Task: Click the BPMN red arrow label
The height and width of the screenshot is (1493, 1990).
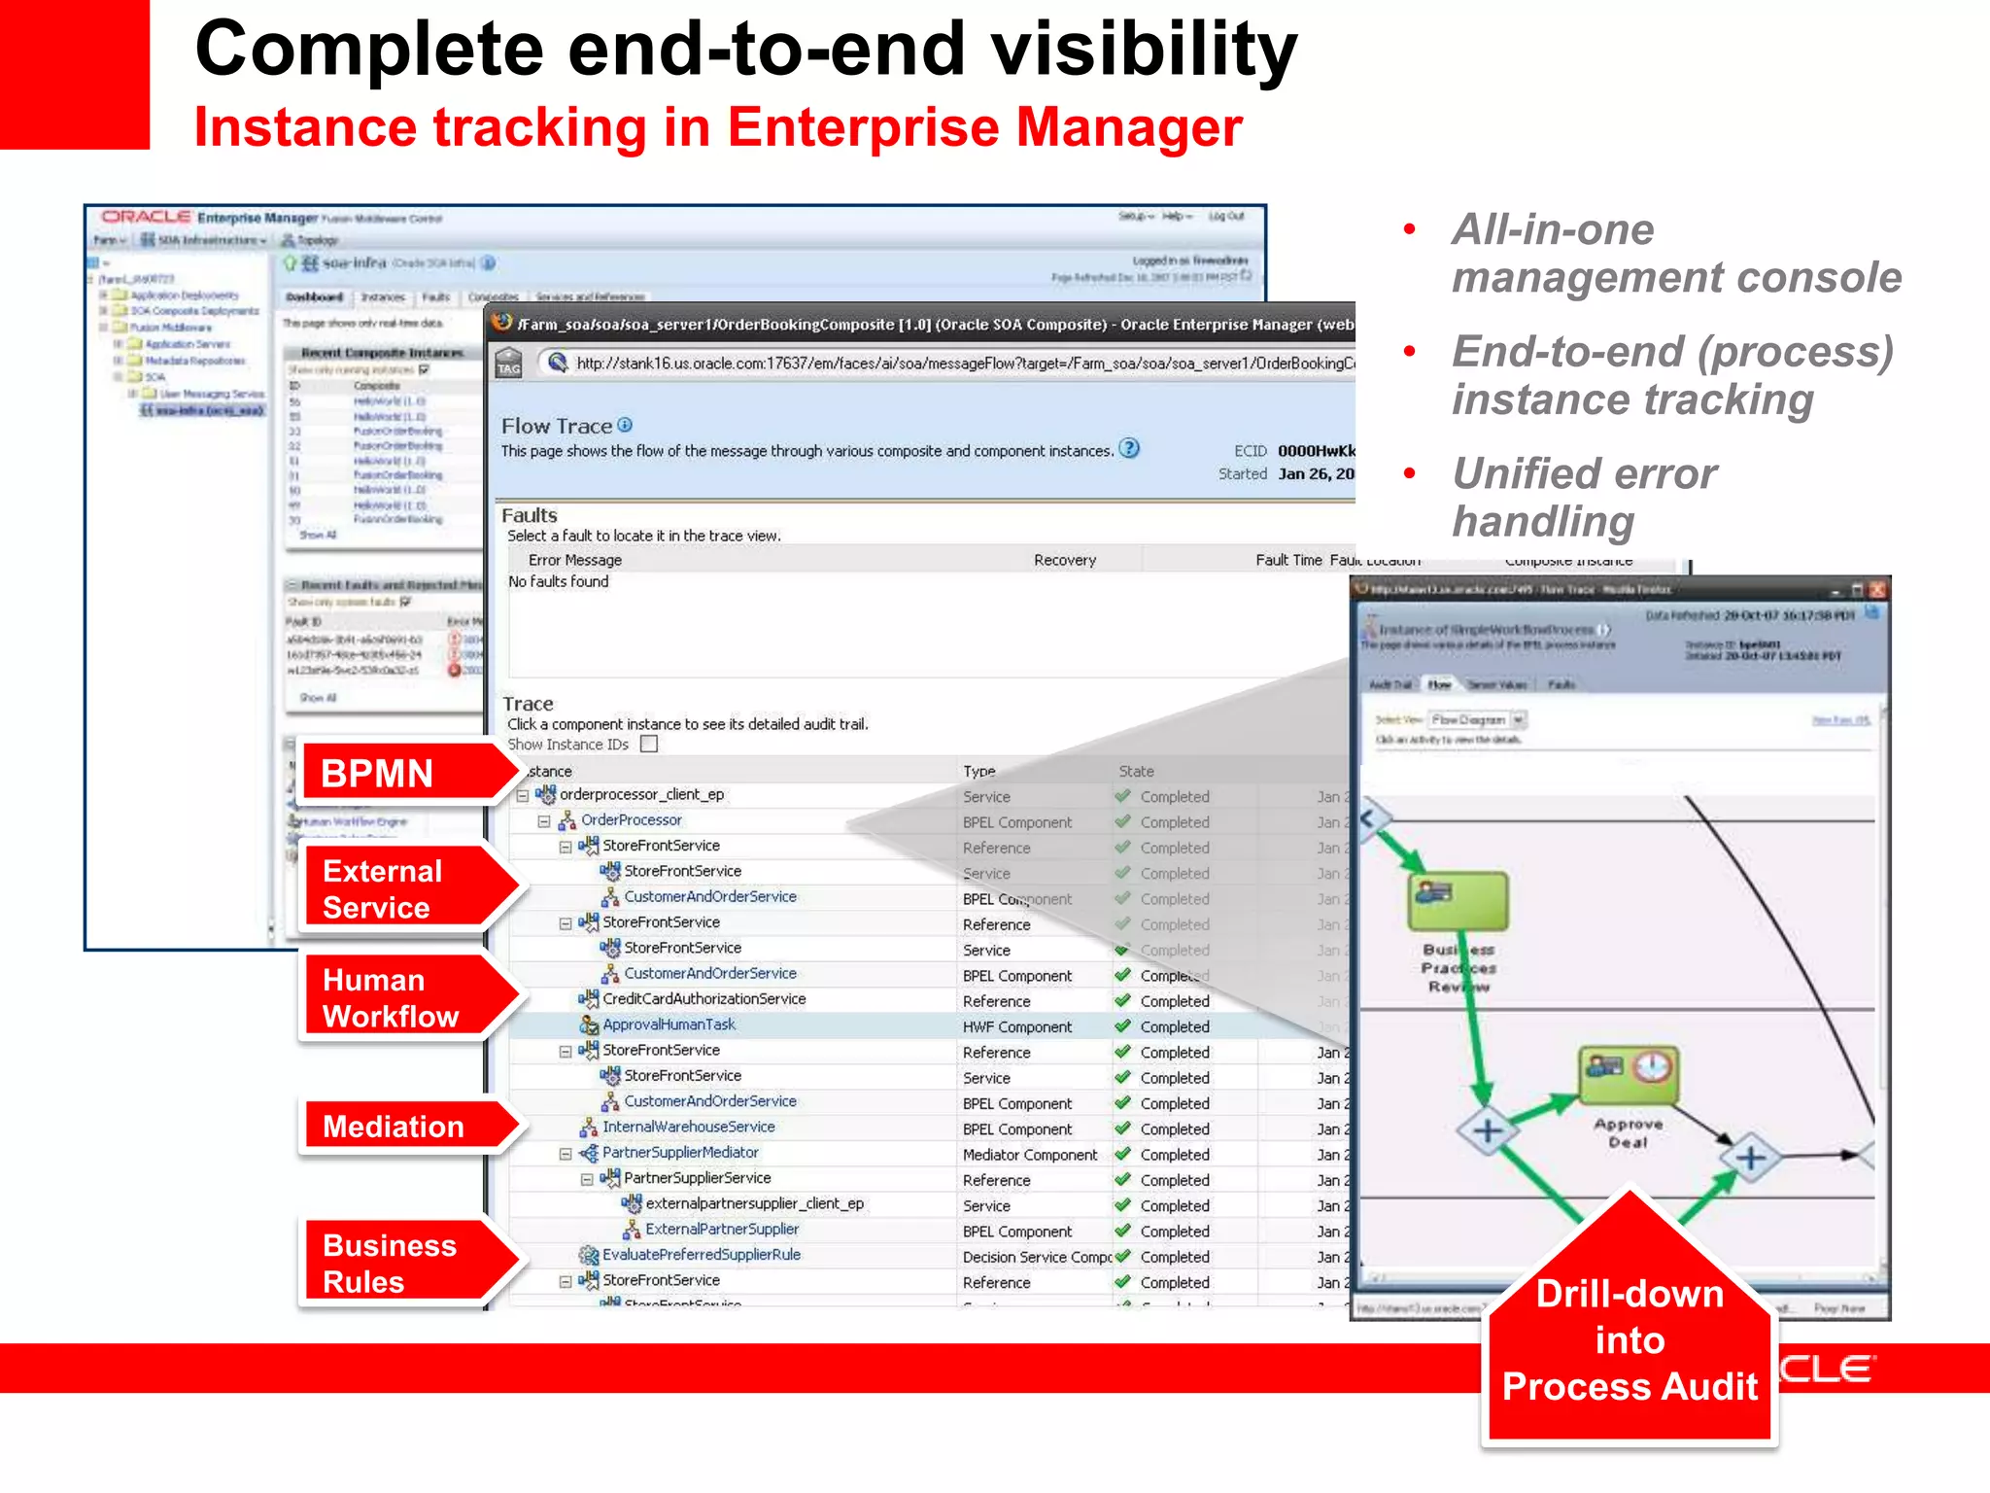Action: pos(389,774)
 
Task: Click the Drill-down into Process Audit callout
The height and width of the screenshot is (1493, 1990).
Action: pos(1630,1341)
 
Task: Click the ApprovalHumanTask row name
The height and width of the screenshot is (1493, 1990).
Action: pos(669,1024)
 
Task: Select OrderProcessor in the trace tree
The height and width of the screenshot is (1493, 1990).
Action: pos(631,820)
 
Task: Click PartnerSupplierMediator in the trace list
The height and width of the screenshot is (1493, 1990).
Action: pos(679,1153)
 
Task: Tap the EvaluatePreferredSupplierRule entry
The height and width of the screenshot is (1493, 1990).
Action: pos(701,1255)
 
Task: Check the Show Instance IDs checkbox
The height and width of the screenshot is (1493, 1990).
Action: pos(650,745)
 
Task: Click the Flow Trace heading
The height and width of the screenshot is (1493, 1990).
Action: pos(556,426)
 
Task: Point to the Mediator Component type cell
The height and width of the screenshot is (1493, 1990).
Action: pos(1029,1155)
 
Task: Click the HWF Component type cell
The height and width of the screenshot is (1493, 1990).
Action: pos(1016,1026)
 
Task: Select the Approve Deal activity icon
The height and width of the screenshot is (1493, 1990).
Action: pos(1629,1075)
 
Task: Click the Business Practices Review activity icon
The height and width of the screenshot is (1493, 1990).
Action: pos(1458,900)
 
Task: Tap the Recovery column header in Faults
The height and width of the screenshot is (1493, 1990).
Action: pos(1064,560)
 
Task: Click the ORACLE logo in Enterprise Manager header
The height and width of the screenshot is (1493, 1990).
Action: pos(146,217)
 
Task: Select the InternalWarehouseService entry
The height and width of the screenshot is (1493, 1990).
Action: pos(688,1128)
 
